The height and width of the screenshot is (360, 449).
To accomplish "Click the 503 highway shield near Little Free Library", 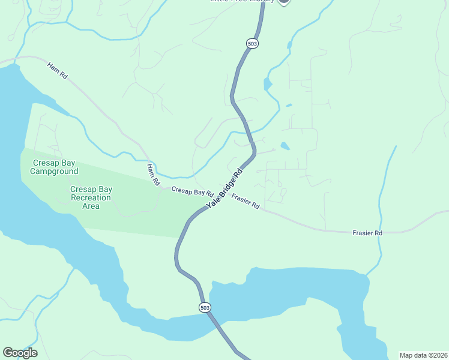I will click(x=252, y=44).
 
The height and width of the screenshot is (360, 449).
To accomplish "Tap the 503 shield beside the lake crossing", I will click(x=205, y=307).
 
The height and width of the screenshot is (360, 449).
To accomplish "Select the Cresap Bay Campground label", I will click(x=55, y=167).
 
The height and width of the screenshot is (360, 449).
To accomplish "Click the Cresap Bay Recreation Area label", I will click(x=91, y=197).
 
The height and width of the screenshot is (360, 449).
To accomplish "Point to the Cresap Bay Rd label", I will click(x=192, y=192).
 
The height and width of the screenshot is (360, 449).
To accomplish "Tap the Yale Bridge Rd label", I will click(x=224, y=188).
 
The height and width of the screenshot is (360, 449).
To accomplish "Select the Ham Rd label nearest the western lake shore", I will click(x=58, y=70).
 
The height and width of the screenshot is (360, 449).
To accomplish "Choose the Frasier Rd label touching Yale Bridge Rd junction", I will click(x=245, y=202).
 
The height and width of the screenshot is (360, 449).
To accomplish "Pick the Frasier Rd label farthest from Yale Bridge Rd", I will click(x=367, y=232).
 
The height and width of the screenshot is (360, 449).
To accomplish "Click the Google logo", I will click(x=20, y=353).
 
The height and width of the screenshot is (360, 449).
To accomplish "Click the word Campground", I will click(x=55, y=172).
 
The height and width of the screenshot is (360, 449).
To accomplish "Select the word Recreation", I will click(x=91, y=197).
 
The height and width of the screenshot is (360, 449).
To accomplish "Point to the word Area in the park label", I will click(x=91, y=206).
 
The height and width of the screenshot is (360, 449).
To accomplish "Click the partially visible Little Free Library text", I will click(x=242, y=1).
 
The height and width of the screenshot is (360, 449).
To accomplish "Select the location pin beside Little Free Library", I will click(x=283, y=2).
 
